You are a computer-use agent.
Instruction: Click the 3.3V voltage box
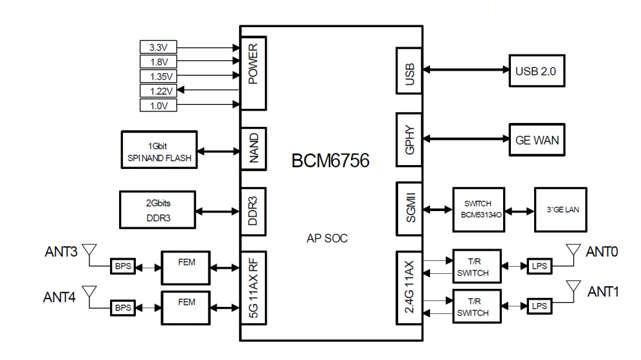point(159,47)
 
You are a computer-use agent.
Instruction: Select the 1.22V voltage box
point(159,90)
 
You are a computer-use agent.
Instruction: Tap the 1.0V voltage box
point(159,104)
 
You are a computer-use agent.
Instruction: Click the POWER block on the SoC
point(253,73)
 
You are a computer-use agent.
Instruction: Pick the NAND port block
point(253,149)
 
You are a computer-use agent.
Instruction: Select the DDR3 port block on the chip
point(253,210)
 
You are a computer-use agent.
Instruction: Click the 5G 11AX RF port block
point(253,286)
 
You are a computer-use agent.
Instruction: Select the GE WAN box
point(537,139)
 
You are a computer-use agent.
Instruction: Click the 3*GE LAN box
point(562,210)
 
